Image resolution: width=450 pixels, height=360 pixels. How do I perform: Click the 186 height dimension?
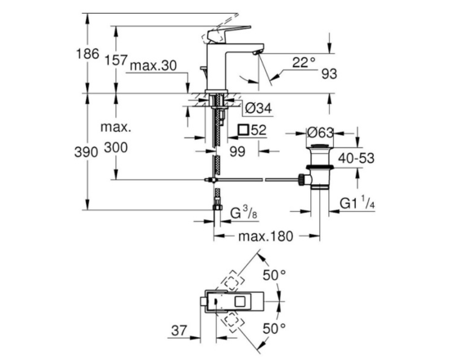coord(88,54)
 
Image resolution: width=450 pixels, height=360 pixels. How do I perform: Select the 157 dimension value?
coord(115,61)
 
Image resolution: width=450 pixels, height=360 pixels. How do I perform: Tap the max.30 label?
coord(154,66)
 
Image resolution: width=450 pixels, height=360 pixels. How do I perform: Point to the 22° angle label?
coord(304,62)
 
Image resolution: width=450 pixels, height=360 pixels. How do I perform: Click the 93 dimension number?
coord(329,74)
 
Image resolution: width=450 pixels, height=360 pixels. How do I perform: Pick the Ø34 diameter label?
coord(259,108)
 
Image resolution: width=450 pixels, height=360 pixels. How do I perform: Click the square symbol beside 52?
coord(243,130)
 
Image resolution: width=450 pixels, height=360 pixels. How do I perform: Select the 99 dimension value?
coord(237,151)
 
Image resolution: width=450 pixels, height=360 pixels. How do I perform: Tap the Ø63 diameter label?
coord(320,133)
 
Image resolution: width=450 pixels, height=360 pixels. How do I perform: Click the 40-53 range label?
coord(356,158)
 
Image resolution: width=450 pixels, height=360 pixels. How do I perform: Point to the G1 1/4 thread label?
coord(358,202)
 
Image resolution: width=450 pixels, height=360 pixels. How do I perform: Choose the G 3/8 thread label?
coord(244,214)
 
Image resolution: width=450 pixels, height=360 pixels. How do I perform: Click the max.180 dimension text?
coord(266,236)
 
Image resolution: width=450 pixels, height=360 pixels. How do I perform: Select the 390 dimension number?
coord(86,152)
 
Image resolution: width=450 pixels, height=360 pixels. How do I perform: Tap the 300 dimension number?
coord(115,147)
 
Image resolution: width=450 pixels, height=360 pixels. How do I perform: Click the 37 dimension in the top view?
coord(179,331)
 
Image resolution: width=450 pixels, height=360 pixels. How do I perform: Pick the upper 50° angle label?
coord(274,276)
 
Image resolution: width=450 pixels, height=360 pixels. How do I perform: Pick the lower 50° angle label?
coord(274,329)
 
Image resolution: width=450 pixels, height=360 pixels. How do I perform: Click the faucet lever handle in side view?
coord(231,33)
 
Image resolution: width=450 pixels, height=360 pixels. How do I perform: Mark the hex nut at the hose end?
coord(218,207)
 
